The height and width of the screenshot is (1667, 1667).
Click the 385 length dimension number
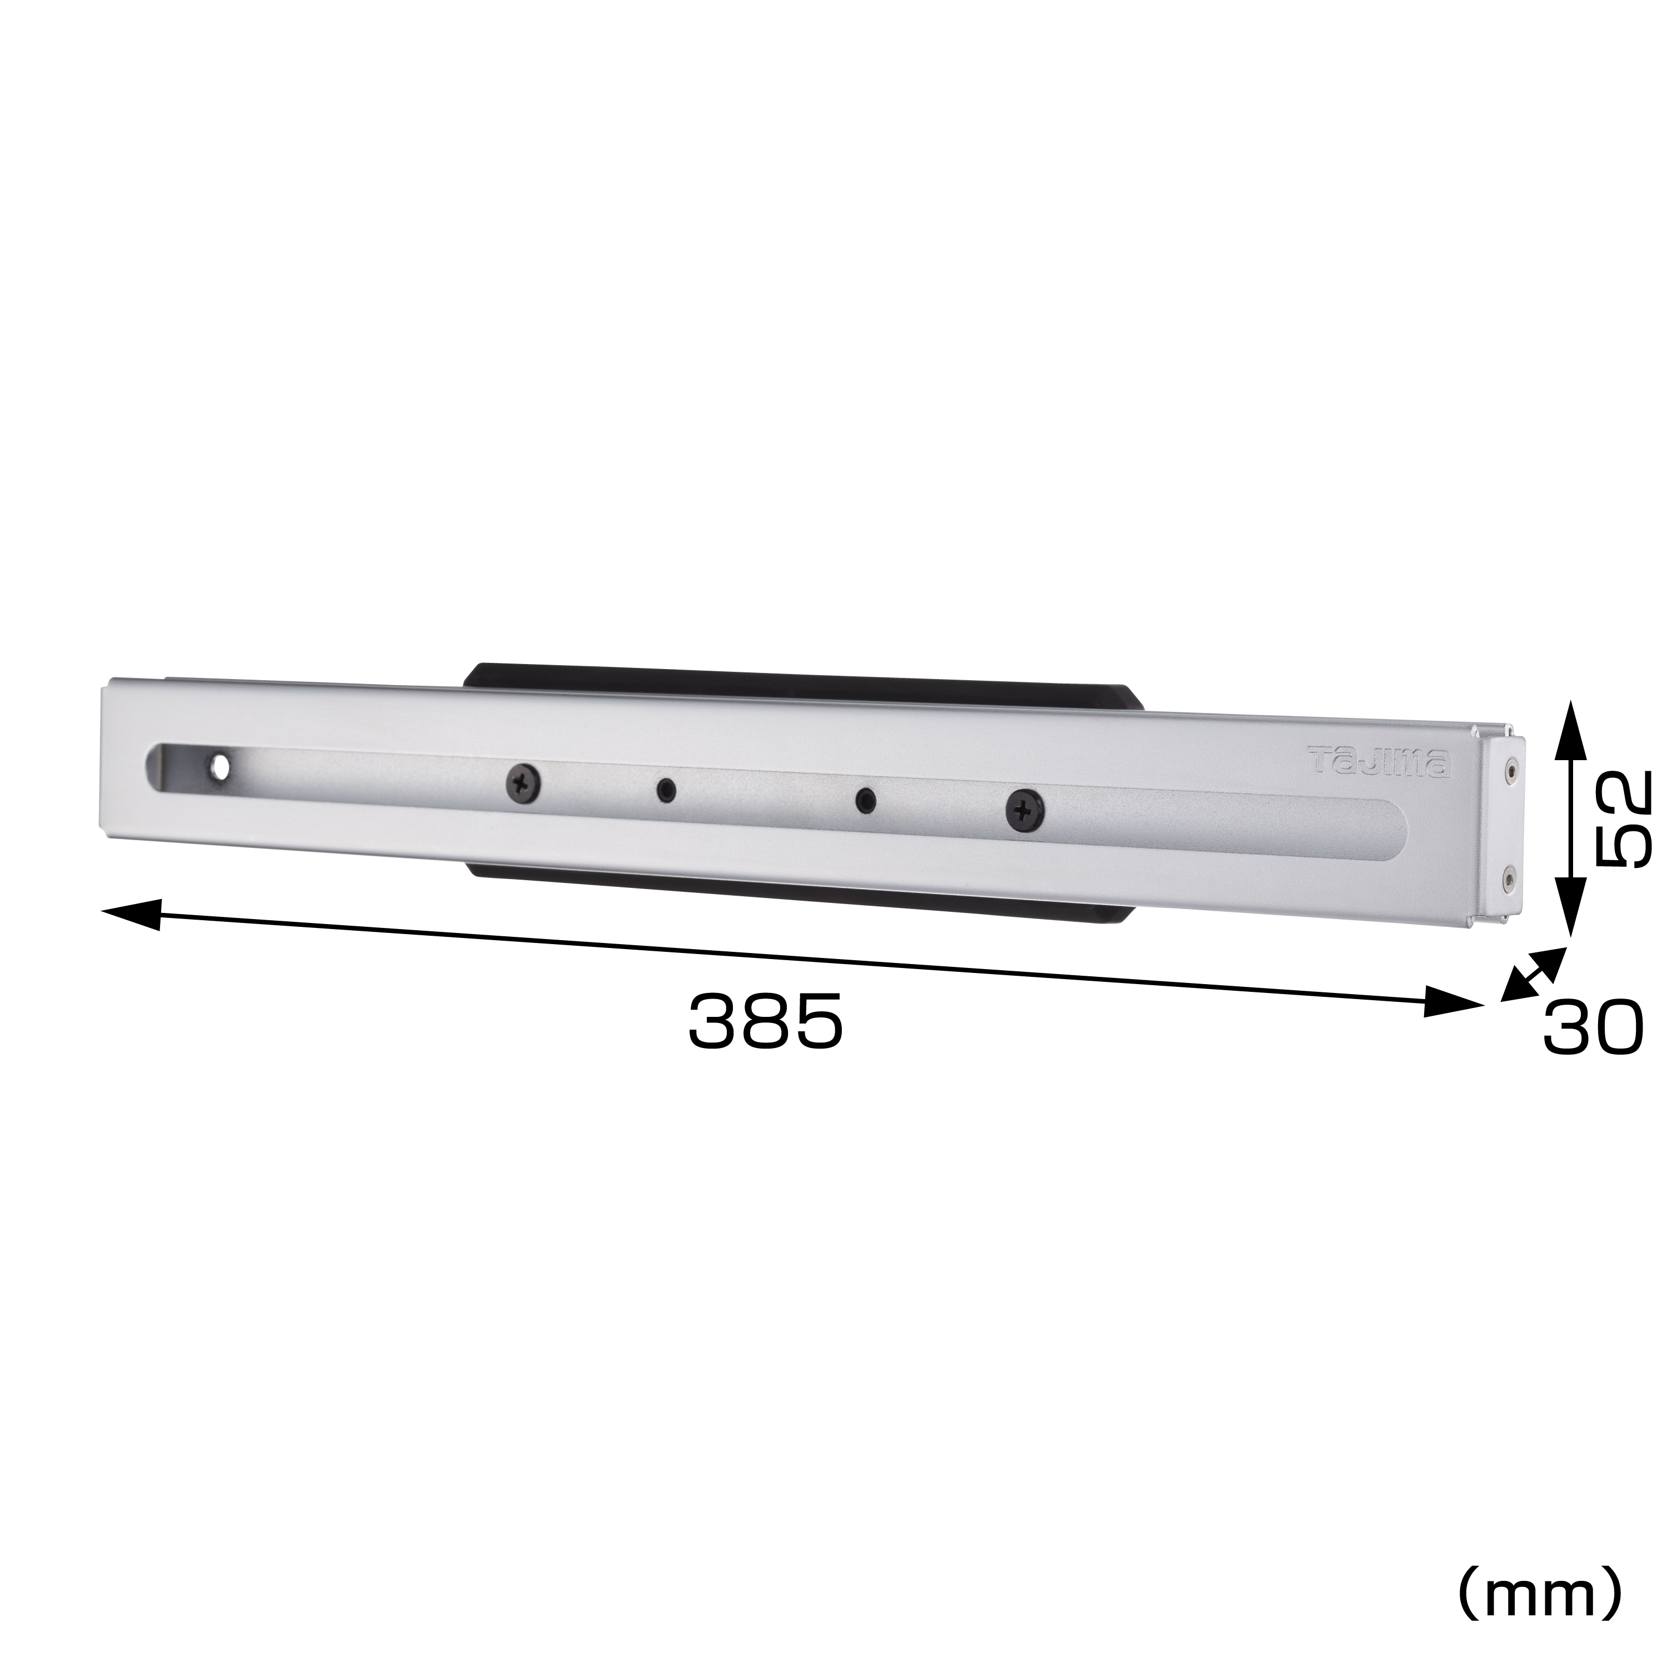pos(765,1022)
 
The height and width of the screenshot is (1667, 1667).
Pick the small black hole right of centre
pos(865,801)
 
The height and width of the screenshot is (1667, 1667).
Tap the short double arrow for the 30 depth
pos(1533,974)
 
